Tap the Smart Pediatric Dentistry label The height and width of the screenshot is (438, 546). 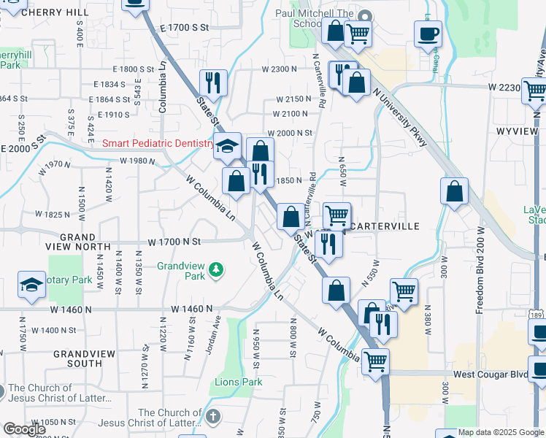[158, 144]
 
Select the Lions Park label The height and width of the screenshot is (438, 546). [239, 382]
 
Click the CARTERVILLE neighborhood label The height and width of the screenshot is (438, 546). [385, 226]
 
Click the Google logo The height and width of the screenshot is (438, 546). [24, 429]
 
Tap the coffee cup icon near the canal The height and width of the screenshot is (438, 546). [428, 34]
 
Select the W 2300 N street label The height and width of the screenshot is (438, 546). [280, 69]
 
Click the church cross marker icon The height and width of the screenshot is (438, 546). [212, 417]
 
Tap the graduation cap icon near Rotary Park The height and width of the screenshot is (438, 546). [31, 285]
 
